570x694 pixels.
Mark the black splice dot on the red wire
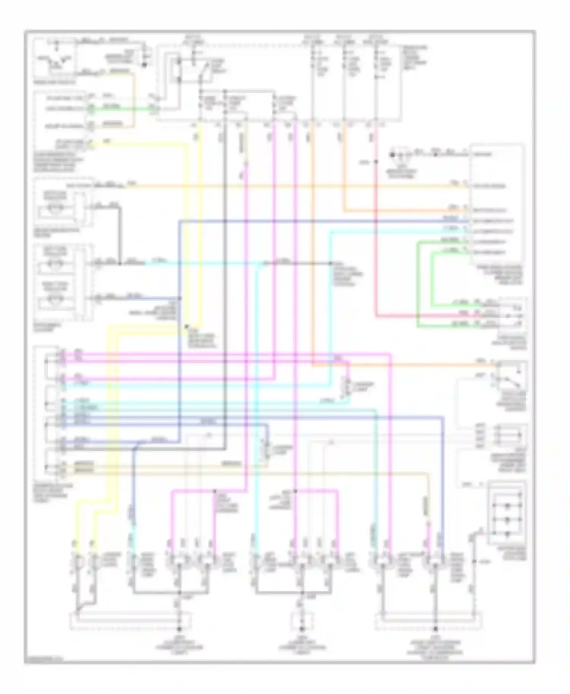coord(376,162)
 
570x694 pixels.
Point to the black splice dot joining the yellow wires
coord(187,326)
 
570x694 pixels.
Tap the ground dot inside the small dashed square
coord(302,628)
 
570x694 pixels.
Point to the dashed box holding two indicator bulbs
coord(63,281)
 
